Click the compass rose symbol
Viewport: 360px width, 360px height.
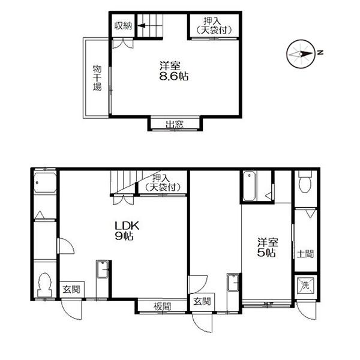coord(301,54)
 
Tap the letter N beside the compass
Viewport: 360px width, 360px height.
coord(320,52)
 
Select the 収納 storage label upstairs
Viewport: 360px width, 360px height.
coord(124,26)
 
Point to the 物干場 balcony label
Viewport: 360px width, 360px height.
coord(97,78)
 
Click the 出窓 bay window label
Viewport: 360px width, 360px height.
coord(175,124)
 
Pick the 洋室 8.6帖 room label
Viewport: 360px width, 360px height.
coord(174,71)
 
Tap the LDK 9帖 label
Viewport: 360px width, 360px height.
coord(127,231)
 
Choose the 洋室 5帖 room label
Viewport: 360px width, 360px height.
coord(268,247)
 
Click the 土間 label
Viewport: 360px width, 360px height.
coord(305,254)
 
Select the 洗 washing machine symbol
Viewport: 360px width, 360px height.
coord(305,286)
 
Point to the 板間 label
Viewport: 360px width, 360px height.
coord(163,307)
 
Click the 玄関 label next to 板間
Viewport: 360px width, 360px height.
coord(202,301)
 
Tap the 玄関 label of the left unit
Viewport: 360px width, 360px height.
coord(71,289)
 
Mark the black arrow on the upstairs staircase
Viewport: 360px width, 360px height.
coord(142,25)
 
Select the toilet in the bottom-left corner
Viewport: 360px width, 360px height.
coord(44,284)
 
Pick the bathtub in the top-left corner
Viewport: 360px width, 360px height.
coord(45,183)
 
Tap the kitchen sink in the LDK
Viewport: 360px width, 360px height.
coord(103,269)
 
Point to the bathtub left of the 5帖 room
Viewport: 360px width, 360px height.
coord(249,186)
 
